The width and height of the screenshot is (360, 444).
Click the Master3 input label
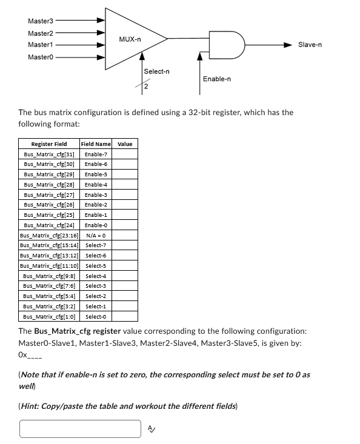[x=40, y=21]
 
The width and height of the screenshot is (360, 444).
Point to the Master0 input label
[x=40, y=57]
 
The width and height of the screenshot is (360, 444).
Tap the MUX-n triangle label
[x=130, y=39]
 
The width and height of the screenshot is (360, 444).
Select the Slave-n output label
[x=310, y=45]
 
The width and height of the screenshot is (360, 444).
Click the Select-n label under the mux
[x=156, y=71]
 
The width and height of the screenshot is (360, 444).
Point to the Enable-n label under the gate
[x=216, y=79]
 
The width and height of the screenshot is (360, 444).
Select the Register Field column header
[x=49, y=144]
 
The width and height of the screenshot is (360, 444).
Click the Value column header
[x=125, y=144]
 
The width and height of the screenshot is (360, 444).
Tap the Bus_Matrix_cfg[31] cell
[x=49, y=154]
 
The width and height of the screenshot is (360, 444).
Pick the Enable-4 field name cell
[x=96, y=184]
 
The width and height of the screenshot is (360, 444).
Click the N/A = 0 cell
[x=96, y=235]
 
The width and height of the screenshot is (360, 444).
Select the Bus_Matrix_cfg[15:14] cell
[x=49, y=245]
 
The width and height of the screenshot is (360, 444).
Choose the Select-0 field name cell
[x=96, y=316]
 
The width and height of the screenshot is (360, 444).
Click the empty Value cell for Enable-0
[x=125, y=225]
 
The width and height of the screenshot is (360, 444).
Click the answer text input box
[x=80, y=429]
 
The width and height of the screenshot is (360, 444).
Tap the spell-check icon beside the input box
[x=152, y=429]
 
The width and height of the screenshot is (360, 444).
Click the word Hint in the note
[x=32, y=406]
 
